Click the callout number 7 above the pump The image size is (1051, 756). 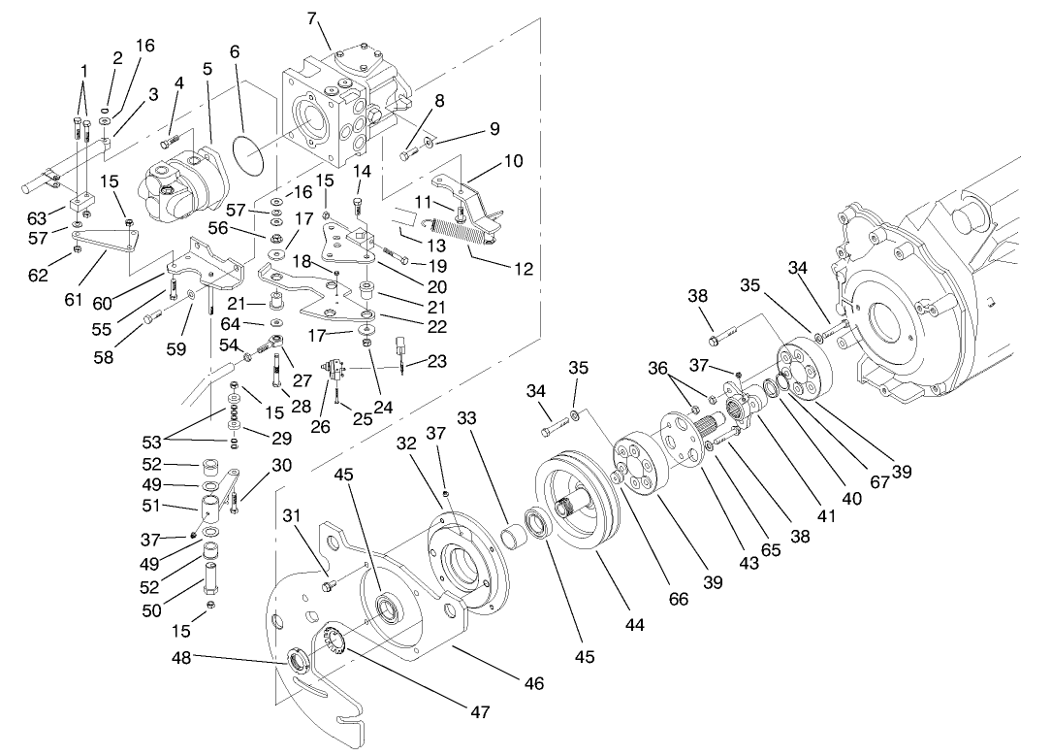click(311, 17)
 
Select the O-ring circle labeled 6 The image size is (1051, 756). click(248, 154)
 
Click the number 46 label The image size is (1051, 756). click(533, 684)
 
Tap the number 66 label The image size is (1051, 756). click(678, 600)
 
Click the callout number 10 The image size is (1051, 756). click(513, 161)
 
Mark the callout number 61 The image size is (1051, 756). click(74, 300)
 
